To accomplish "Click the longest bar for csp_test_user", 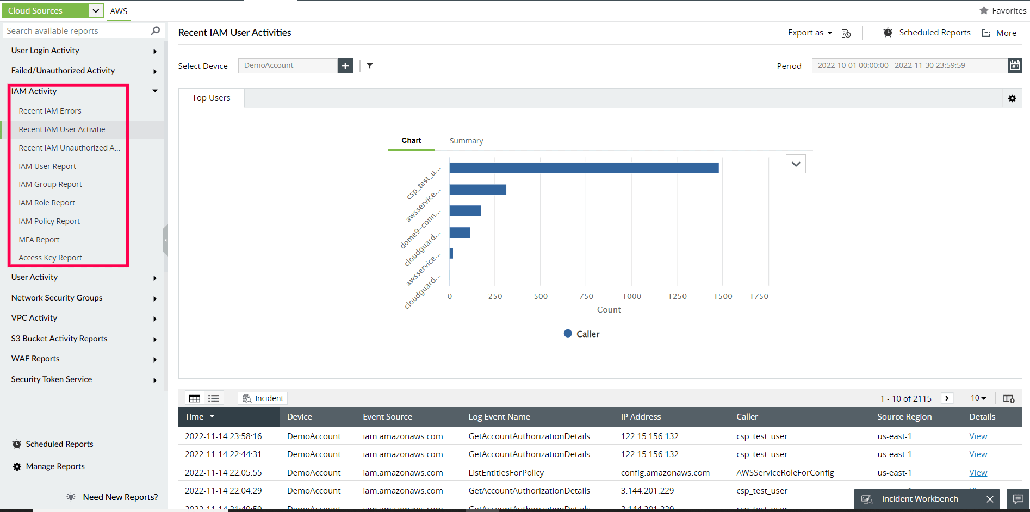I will [x=584, y=168].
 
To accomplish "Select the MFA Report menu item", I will [x=39, y=240].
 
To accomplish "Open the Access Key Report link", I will [x=50, y=258].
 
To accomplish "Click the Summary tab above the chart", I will [x=466, y=141].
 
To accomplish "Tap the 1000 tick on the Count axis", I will [x=631, y=296].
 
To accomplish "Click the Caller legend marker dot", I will [x=568, y=334].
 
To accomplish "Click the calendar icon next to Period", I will [x=1015, y=65].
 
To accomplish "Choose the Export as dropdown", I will [x=810, y=33].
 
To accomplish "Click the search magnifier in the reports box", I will [x=156, y=31].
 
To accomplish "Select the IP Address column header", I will [x=641, y=417].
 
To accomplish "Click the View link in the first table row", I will [x=978, y=436].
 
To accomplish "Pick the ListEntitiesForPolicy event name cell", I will [x=506, y=473].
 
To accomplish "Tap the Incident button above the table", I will [x=263, y=398].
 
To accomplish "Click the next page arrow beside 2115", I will [x=947, y=398].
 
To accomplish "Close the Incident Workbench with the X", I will [x=990, y=499].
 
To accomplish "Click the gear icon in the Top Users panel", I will [x=1012, y=98].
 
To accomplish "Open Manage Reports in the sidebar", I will [x=55, y=466].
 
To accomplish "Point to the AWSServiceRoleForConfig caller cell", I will [x=785, y=473].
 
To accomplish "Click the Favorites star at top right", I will [x=984, y=10].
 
